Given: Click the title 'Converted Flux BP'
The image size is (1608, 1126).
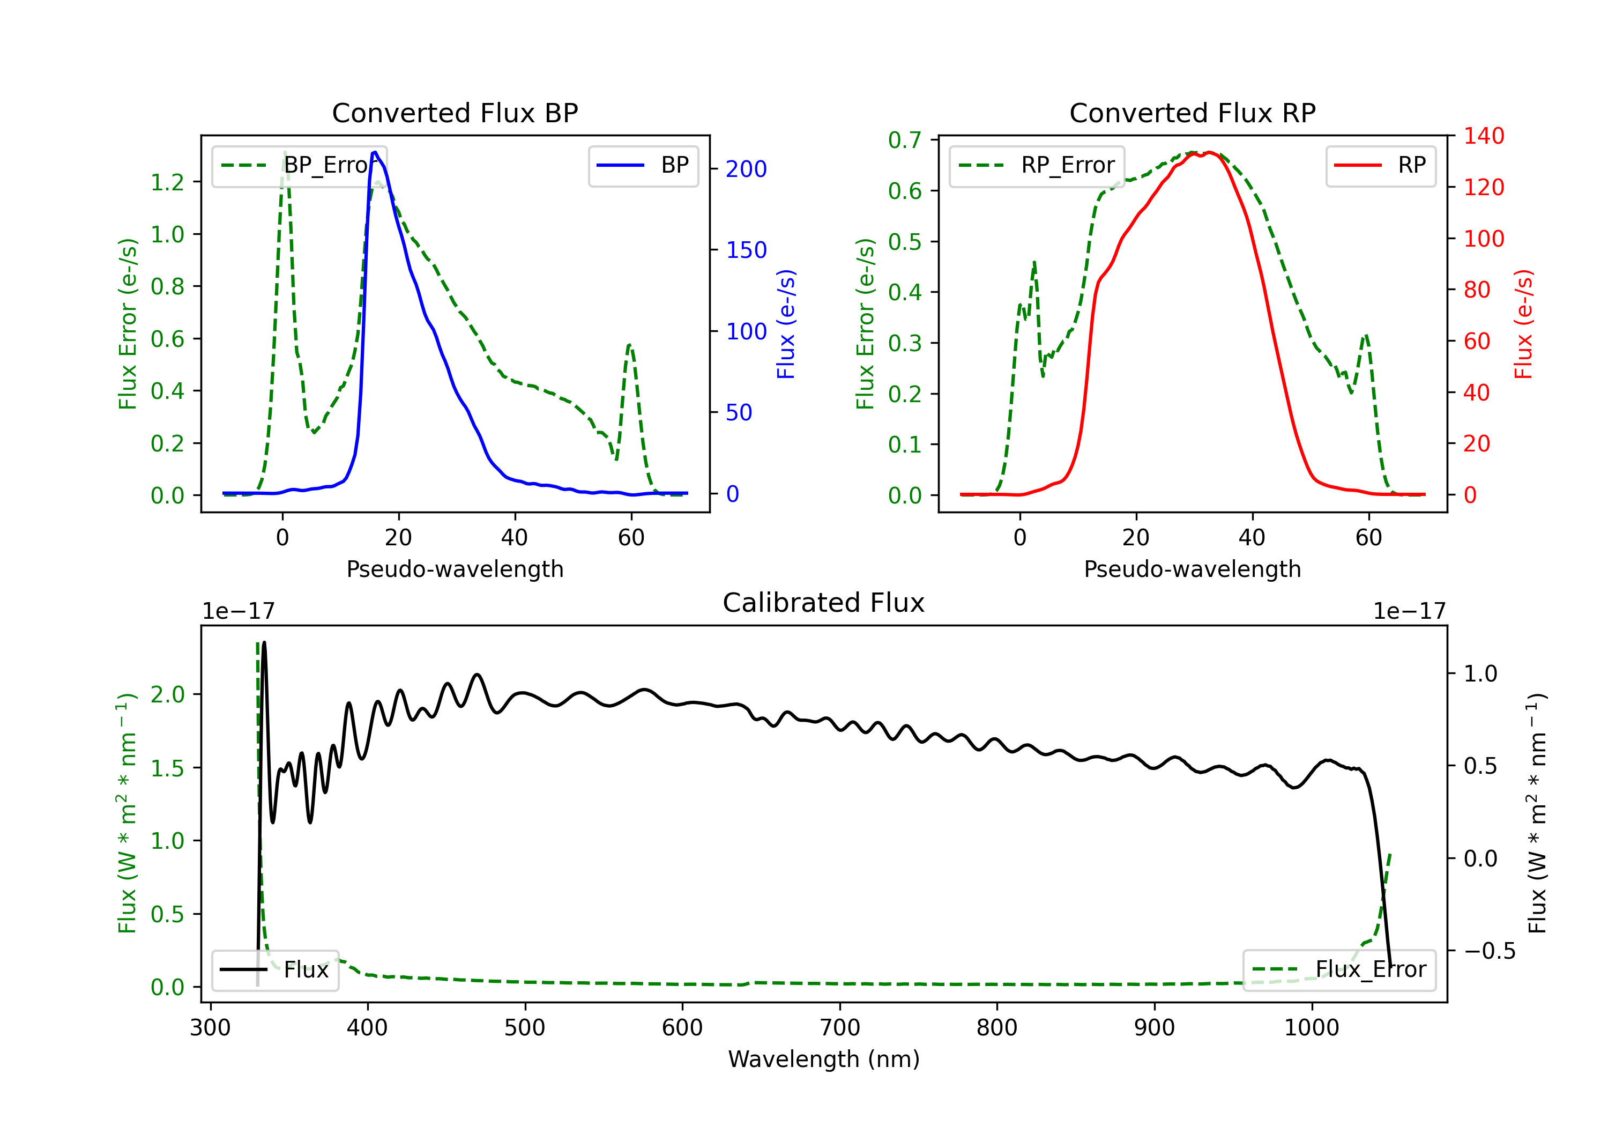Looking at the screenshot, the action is [455, 113].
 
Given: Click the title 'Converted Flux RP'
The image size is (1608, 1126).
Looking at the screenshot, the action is [1192, 113].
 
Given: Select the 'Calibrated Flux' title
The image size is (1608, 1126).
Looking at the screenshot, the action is [824, 603].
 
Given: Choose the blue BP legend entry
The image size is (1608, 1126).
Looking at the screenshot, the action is [643, 165].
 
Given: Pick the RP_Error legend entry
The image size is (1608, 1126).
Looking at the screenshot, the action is [1037, 165].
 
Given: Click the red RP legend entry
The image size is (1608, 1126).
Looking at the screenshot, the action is [1380, 165].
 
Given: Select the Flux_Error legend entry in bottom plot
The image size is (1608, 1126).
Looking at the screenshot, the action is [1339, 970].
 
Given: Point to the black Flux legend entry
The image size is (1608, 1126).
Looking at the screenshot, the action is [274, 970].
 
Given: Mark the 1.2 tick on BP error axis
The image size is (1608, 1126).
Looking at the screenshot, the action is [167, 182].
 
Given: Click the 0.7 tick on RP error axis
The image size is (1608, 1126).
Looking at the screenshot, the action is [905, 140].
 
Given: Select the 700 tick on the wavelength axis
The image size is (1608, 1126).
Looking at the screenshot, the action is [840, 1028].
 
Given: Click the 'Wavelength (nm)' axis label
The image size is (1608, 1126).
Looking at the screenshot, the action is [824, 1059].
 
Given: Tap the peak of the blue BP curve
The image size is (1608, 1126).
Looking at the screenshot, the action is [375, 152].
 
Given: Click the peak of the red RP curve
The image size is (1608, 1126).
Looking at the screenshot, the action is [1210, 152].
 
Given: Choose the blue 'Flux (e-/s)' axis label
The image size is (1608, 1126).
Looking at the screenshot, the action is [786, 324].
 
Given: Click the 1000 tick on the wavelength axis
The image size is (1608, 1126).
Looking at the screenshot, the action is [1312, 1028].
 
